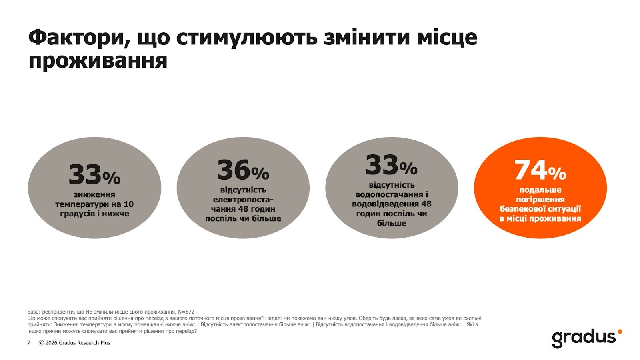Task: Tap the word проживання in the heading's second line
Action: pos(98,61)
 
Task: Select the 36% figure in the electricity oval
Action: pos(243,171)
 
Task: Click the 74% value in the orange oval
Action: pos(540,171)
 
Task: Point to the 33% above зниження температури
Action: pos(94,176)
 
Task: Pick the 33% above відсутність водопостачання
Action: pos(391,166)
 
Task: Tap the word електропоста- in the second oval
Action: pos(243,200)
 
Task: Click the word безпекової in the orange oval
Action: pos(520,209)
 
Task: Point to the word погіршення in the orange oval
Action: pos(540,200)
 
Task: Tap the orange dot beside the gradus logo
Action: pos(620,331)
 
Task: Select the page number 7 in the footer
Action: pos(29,343)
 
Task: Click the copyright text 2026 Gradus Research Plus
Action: pos(78,343)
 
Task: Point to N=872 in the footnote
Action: pos(186,312)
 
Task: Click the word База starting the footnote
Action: pos(34,312)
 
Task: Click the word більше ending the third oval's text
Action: pos(391,223)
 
